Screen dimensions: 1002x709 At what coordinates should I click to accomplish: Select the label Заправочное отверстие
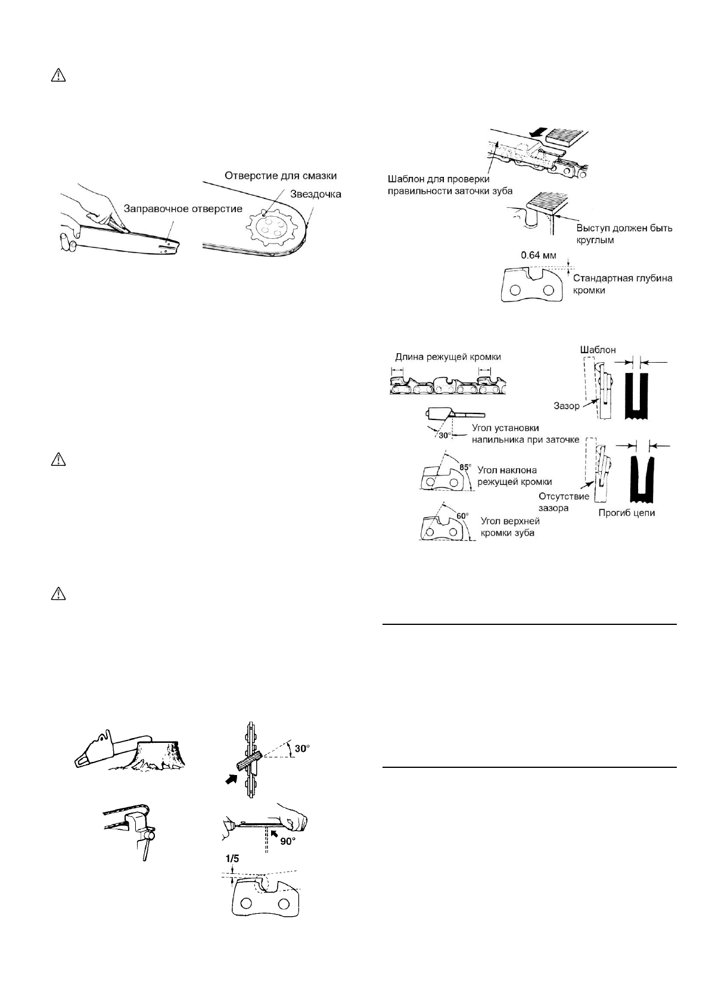pyautogui.click(x=183, y=209)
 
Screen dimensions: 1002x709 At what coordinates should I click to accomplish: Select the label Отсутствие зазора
pyautogui.click(x=564, y=502)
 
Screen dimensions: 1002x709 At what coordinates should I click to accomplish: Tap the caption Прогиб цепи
pyautogui.click(x=627, y=512)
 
